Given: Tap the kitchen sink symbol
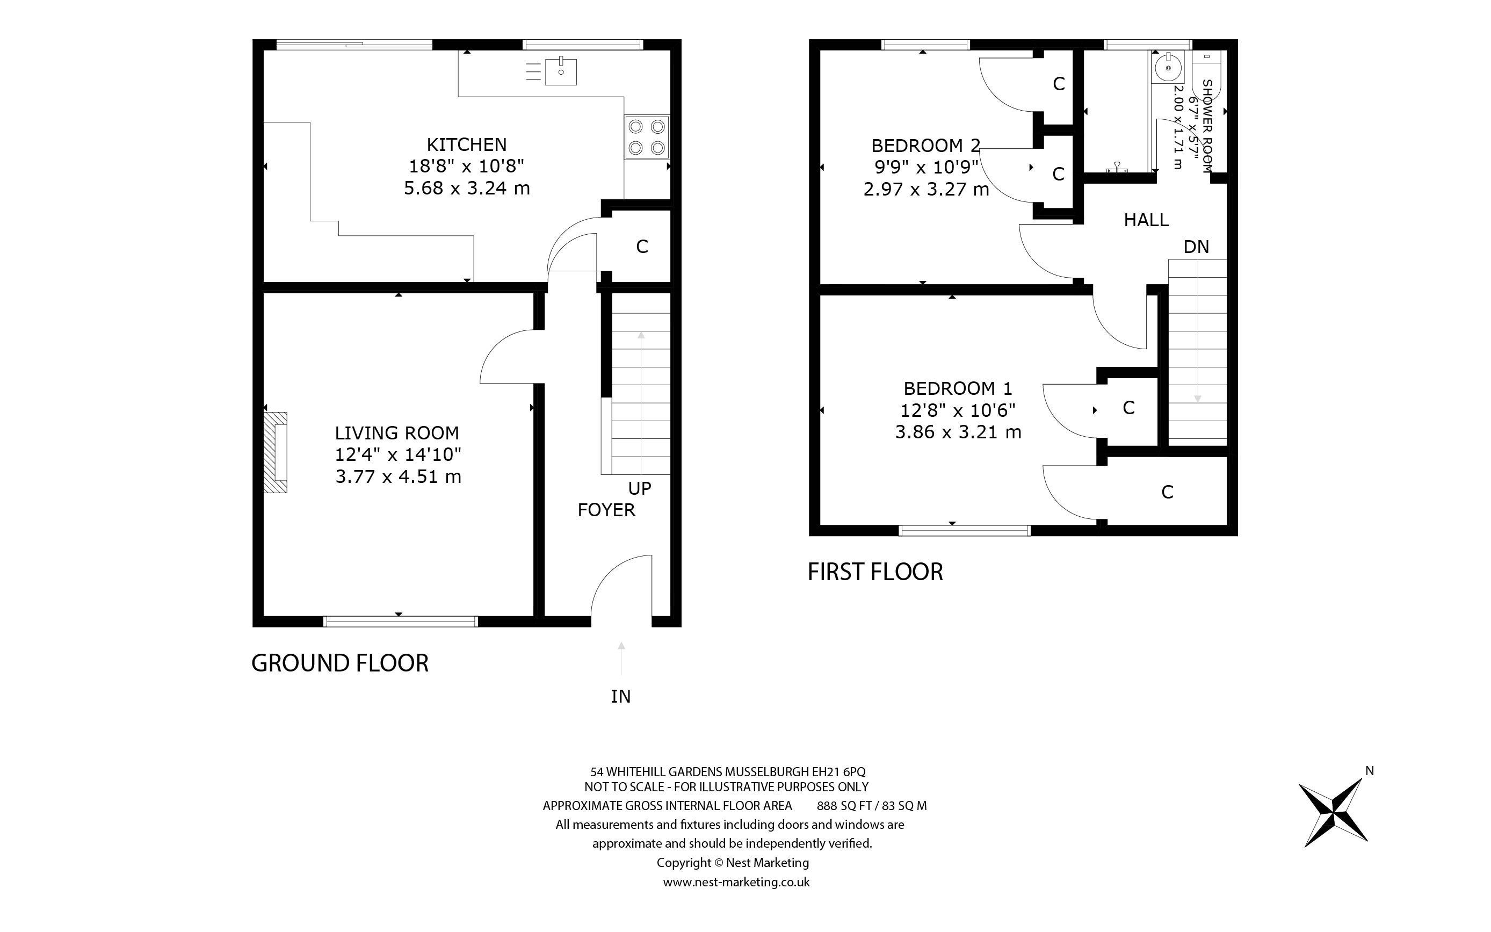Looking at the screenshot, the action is click(x=561, y=71).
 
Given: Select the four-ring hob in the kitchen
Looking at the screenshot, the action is click(x=646, y=137).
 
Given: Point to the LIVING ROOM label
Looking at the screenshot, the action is click(x=397, y=433).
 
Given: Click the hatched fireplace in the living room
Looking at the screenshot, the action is click(x=276, y=452).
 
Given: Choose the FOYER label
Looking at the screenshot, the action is click(x=606, y=510).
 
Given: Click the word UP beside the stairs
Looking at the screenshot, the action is click(x=640, y=488).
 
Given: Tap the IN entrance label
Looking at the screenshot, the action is click(x=620, y=696).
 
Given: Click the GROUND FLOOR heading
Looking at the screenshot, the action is click(x=339, y=663).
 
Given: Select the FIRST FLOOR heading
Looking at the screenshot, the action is click(x=875, y=572).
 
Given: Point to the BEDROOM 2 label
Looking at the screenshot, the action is click(x=925, y=146).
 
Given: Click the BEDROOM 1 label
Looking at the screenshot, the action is click(x=958, y=388).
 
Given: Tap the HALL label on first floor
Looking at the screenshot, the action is click(x=1146, y=220).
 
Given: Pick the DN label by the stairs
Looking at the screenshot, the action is click(x=1196, y=247).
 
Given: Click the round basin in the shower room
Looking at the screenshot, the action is click(x=1168, y=67).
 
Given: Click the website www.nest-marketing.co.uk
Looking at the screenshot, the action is click(x=736, y=882).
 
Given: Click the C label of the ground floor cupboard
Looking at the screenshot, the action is click(x=642, y=247).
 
